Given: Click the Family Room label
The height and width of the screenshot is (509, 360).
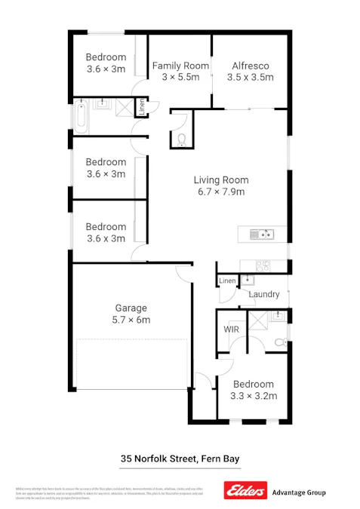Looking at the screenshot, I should (180, 66).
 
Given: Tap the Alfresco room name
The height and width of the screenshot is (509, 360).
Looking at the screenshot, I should (251, 66).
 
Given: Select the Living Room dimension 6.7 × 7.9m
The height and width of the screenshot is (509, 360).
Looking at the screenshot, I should (220, 192).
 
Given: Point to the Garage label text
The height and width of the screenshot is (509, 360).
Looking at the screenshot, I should (131, 308).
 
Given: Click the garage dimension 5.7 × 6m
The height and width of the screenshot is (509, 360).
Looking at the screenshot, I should (131, 320).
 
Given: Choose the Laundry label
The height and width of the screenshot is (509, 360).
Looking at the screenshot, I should (263, 294).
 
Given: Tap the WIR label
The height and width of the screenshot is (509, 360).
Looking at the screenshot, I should (232, 330).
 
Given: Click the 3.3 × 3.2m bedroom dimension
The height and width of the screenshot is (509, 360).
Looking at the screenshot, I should (253, 396).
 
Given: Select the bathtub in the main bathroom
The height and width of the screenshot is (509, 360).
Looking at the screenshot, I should (82, 115).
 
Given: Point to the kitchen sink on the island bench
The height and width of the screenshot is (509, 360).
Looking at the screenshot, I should (263, 234).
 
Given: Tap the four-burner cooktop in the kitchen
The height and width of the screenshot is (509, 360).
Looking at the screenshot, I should (263, 265).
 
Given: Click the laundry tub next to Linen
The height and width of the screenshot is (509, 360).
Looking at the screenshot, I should (245, 280).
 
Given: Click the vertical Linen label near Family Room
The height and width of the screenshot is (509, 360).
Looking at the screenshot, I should (140, 108).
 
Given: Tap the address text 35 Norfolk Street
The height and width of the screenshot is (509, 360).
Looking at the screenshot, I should (158, 458).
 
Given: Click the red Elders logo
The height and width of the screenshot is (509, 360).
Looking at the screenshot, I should (245, 492).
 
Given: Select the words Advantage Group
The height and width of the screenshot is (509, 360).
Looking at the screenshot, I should (298, 492).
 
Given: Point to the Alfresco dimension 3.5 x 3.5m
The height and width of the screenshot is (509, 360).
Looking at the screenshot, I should (251, 77).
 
